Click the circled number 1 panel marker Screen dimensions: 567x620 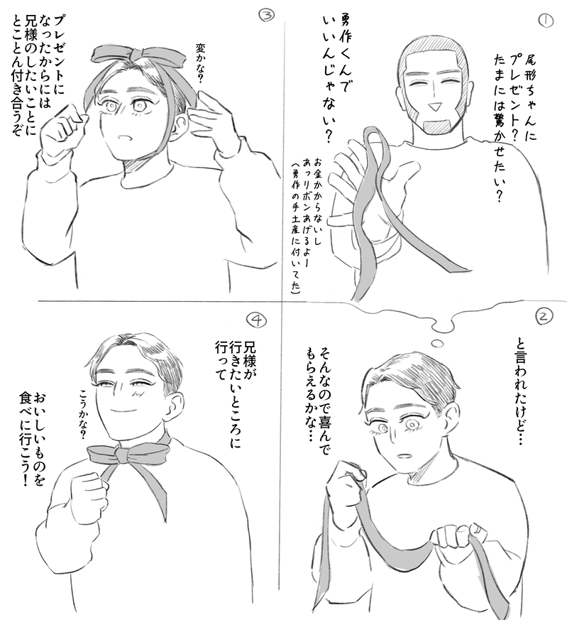pos(546,20)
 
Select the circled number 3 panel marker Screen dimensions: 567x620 pos(266,15)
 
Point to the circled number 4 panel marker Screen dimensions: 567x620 pos(257,320)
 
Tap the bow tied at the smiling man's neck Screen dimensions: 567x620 pos(126,454)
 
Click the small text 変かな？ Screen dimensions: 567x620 pos(199,64)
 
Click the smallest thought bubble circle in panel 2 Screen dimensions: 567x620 pos(436,344)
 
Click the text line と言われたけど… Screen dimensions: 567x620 pos(519,391)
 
